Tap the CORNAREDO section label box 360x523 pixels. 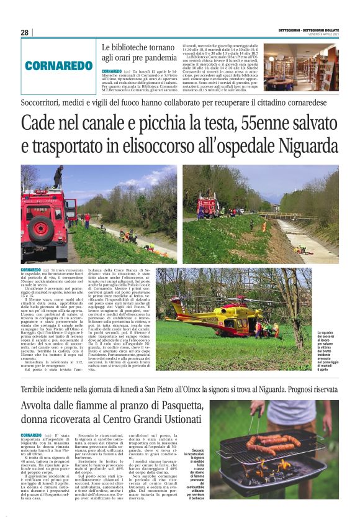(60, 65)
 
